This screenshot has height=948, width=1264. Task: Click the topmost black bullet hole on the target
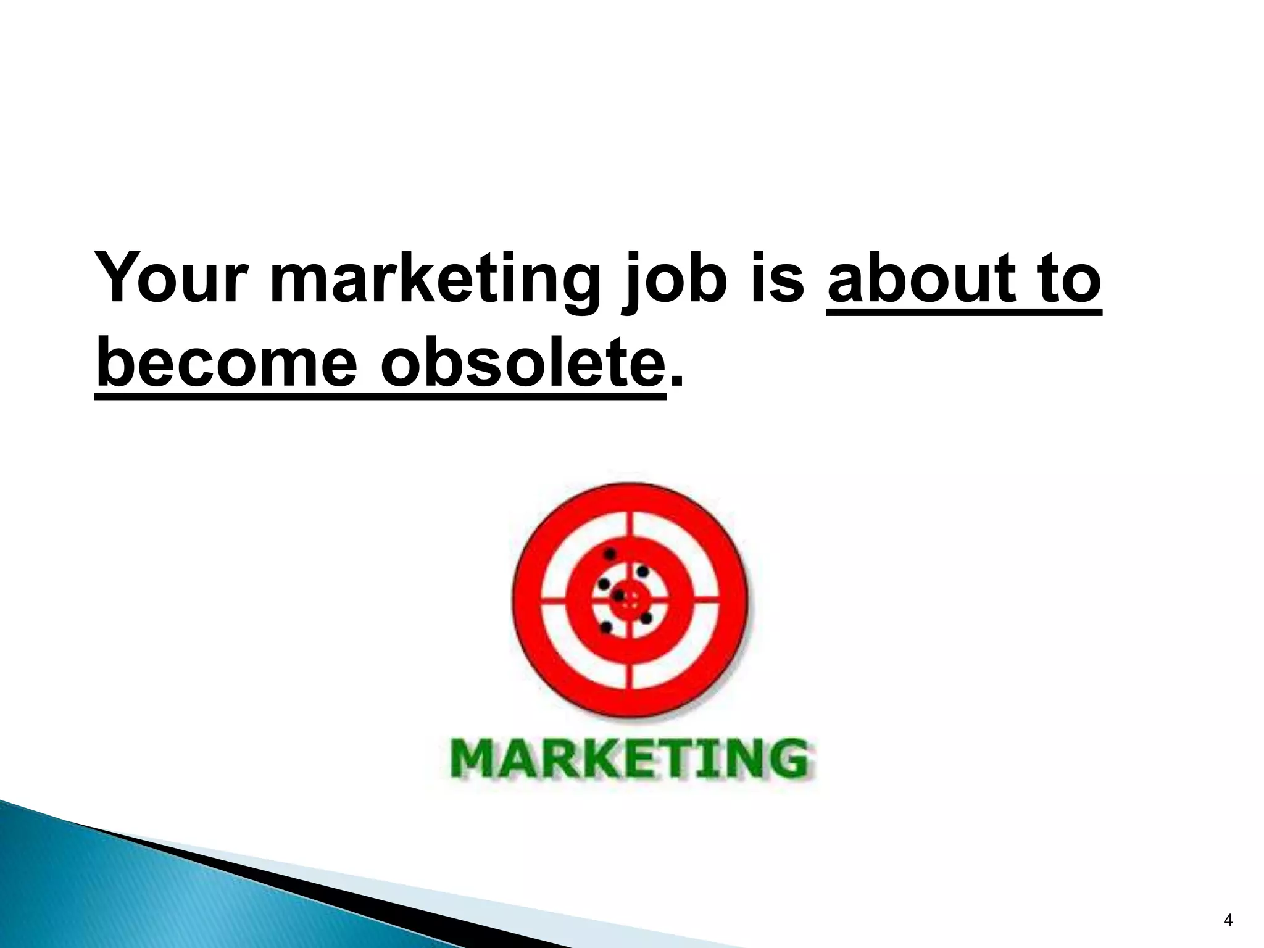click(x=610, y=553)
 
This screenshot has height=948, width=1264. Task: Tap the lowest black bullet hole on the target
click(x=606, y=627)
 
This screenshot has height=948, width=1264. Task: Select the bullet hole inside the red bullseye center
click(x=618, y=596)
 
